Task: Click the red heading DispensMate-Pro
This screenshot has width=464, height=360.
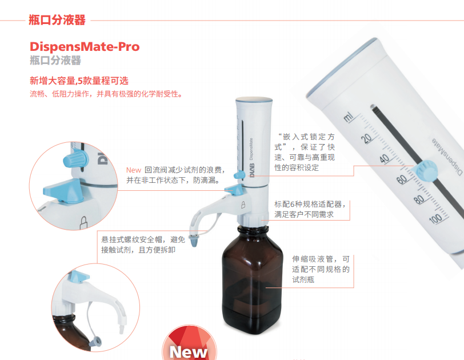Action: (85, 47)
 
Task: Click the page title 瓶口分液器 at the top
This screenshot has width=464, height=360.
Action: (57, 20)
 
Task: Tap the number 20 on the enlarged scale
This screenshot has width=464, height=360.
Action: (367, 138)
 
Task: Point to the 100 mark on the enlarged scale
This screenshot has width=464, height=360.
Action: (435, 219)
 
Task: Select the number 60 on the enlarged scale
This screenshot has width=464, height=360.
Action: (401, 179)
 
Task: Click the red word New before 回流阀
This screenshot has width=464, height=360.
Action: (134, 170)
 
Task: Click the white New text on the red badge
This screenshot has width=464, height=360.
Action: (188, 352)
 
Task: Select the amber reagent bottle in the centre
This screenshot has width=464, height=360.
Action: (252, 279)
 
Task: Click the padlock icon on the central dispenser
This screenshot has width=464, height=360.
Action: (243, 205)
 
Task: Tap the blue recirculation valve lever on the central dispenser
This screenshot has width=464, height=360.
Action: (234, 189)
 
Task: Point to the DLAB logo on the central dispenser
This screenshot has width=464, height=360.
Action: (252, 170)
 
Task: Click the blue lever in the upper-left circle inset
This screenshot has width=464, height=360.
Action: (63, 191)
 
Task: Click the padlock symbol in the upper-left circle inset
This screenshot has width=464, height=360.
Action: (84, 222)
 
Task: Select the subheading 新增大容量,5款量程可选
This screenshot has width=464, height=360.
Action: (79, 81)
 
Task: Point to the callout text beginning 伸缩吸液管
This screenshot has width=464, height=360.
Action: (321, 269)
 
